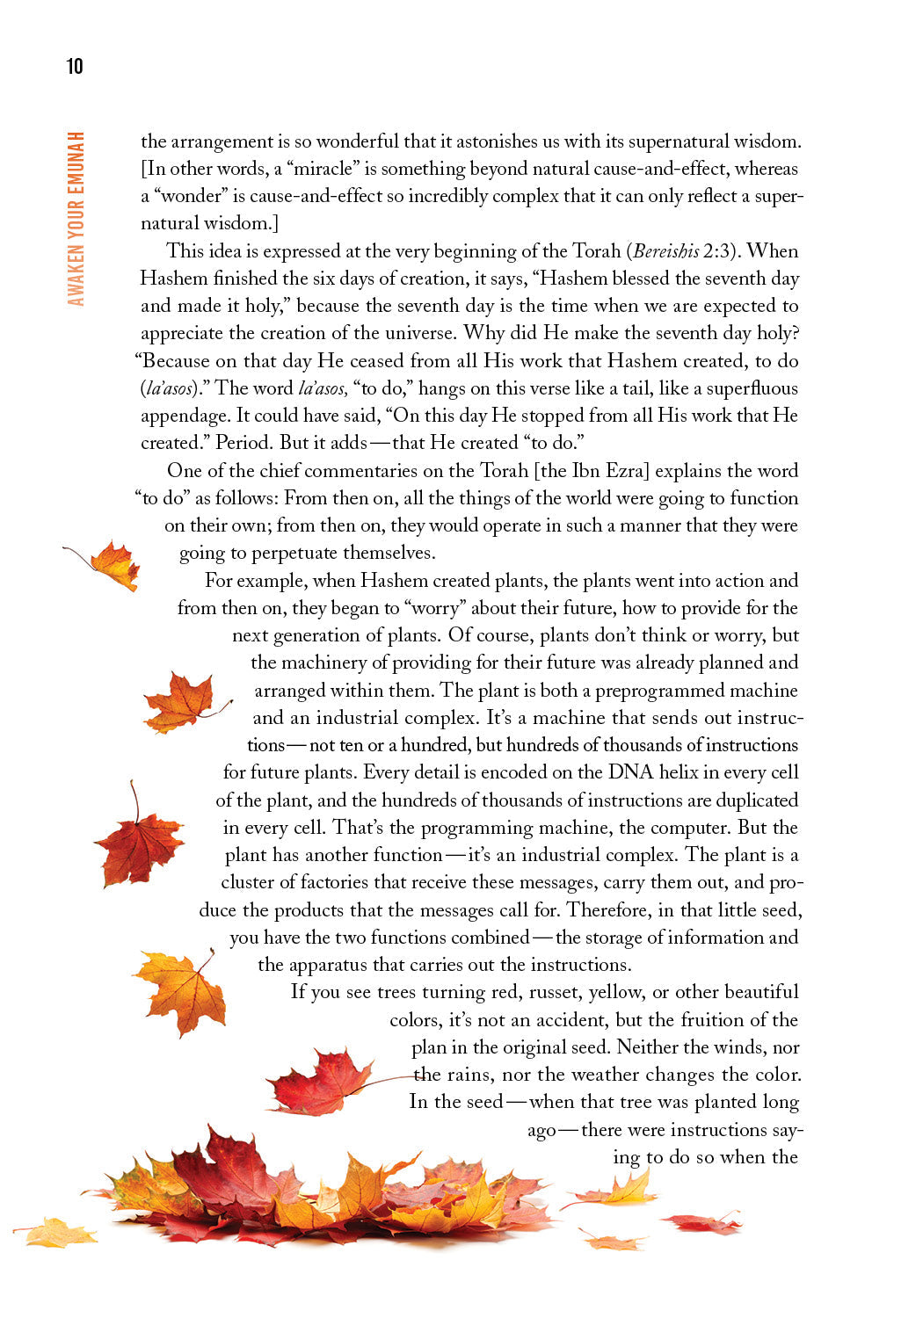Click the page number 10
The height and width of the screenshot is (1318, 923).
(75, 66)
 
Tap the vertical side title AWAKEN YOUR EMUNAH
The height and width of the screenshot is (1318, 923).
(76, 219)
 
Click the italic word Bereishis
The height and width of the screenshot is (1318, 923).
(665, 251)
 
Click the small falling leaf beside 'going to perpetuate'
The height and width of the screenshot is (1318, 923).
(111, 564)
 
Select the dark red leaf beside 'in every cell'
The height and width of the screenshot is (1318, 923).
(139, 841)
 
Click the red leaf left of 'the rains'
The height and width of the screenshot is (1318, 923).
(321, 1083)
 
